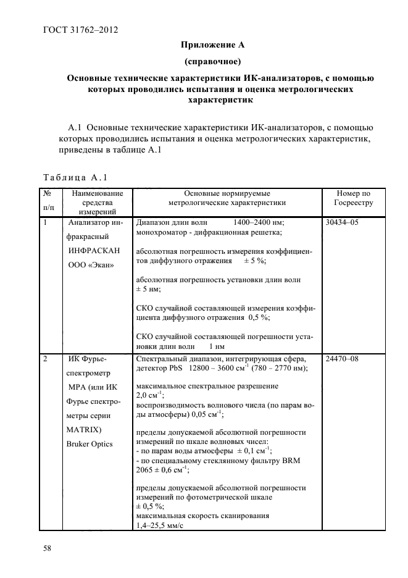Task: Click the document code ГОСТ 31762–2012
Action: click(x=80, y=30)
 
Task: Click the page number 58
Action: click(x=47, y=548)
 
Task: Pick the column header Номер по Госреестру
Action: click(x=353, y=198)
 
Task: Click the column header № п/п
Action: click(x=49, y=202)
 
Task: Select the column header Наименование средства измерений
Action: click(x=98, y=202)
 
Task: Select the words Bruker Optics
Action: click(x=91, y=443)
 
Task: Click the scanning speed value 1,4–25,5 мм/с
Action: click(x=160, y=525)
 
